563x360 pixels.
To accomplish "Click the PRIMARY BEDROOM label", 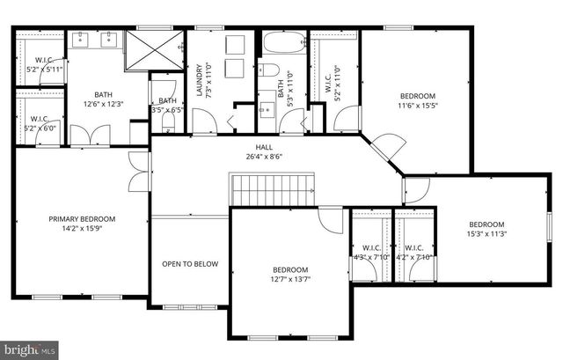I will click(81, 219).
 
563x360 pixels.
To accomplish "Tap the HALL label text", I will click(263, 147).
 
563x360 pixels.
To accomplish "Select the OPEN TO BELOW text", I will click(189, 263).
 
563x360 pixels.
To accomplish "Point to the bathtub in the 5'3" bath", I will click(284, 43).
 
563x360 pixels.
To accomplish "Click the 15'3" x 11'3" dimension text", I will click(486, 234).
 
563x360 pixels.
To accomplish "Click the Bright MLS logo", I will click(30, 349).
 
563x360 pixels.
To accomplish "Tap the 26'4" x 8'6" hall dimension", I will click(263, 157).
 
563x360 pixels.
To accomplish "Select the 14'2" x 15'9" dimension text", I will click(81, 229).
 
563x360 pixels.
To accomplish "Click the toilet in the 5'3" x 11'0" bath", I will click(271, 70).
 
